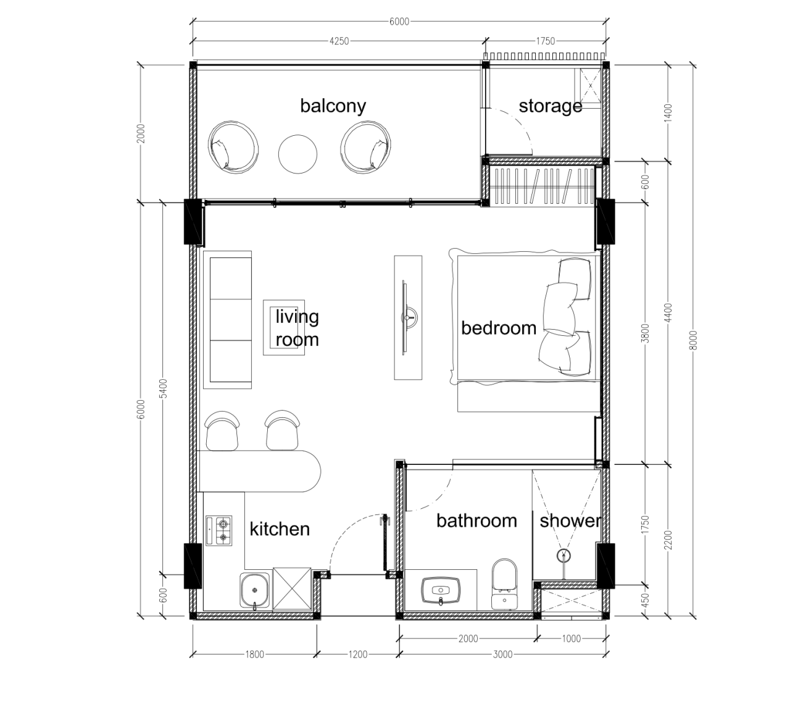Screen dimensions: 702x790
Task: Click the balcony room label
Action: click(333, 106)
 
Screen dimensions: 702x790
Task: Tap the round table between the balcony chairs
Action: click(298, 154)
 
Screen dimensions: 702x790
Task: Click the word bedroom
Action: click(499, 328)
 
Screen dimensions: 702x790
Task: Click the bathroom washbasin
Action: click(441, 590)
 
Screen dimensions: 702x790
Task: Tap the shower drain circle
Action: click(563, 556)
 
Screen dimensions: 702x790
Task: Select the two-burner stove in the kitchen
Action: click(219, 531)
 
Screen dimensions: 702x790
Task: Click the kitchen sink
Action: click(255, 591)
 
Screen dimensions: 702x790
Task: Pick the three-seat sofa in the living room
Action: click(228, 320)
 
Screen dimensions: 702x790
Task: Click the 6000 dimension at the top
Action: click(399, 22)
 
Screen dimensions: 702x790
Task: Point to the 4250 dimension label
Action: click(339, 41)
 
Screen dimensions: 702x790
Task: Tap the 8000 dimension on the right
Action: click(692, 340)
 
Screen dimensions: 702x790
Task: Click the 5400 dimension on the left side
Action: click(163, 388)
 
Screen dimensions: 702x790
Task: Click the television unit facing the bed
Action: click(409, 317)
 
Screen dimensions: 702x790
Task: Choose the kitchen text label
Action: click(280, 529)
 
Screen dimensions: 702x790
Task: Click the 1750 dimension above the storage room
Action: click(545, 41)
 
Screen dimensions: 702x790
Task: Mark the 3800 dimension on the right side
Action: click(646, 333)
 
